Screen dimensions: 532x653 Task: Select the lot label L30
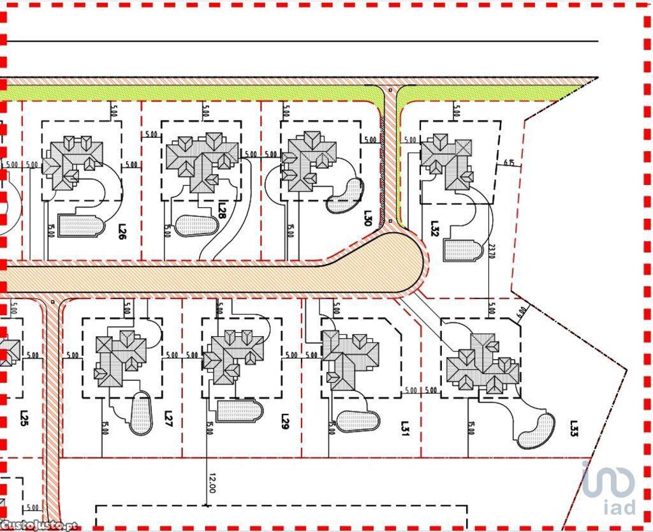point(368,219)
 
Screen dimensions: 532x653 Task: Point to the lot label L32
point(435,228)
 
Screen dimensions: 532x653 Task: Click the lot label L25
point(24,419)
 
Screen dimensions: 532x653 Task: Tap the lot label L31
point(405,426)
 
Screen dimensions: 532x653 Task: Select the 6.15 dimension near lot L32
point(509,163)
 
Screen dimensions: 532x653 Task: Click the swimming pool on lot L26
point(80,225)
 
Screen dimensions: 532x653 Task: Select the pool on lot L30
point(344,195)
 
